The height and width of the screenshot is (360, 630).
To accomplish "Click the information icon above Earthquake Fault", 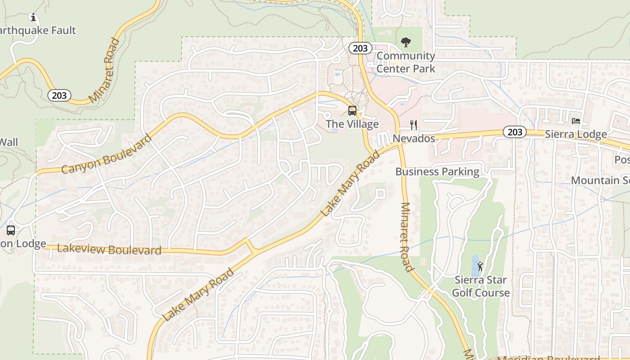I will tap(33, 18).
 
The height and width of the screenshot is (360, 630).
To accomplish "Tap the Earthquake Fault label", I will tap(38, 31).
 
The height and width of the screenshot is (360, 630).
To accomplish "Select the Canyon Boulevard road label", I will tap(106, 154).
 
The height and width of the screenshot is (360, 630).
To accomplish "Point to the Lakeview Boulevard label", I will tap(109, 249).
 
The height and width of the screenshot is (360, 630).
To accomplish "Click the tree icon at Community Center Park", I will tap(406, 43).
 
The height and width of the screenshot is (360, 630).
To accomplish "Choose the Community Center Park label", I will tap(406, 62).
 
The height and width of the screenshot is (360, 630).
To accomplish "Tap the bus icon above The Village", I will tap(352, 111).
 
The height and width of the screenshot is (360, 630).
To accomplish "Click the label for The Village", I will tap(352, 124).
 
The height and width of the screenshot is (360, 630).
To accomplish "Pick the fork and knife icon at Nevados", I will tap(414, 125).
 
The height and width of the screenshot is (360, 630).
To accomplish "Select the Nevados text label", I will tap(414, 138).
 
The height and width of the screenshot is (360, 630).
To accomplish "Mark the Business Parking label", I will tap(437, 171).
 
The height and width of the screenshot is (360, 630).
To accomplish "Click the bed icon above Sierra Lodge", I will tap(576, 121).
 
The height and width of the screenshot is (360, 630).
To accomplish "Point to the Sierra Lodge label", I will tap(576, 135).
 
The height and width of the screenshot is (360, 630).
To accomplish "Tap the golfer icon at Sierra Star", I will tap(480, 266).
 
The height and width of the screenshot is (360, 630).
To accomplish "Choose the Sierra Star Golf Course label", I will tap(481, 286).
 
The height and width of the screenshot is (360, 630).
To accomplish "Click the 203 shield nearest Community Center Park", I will tap(360, 48).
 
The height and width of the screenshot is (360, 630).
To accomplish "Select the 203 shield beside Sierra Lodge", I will tap(515, 132).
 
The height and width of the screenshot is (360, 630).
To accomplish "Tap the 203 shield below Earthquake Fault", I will tap(59, 95).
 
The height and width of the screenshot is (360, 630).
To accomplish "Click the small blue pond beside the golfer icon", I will tap(474, 265).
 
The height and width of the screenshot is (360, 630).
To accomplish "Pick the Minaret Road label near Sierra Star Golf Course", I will tap(406, 237).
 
